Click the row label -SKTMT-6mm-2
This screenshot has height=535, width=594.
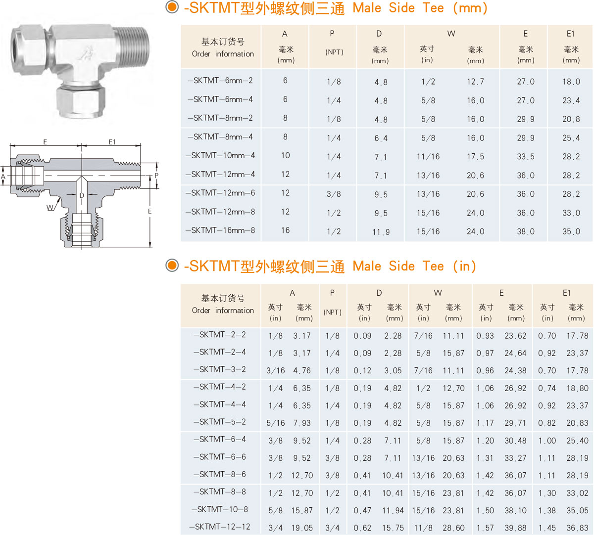click(x=220, y=81)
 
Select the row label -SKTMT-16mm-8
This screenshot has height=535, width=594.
click(x=220, y=230)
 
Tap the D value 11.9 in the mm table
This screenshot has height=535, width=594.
click(x=381, y=232)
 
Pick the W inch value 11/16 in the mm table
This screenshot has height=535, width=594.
click(x=428, y=157)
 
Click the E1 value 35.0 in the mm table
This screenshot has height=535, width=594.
click(x=571, y=231)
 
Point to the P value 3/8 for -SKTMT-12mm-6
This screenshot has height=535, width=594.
click(x=334, y=194)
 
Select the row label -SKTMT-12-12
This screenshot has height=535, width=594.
click(x=220, y=527)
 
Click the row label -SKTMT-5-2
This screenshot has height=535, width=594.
click(x=220, y=422)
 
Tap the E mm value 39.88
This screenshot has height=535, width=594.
click(x=515, y=528)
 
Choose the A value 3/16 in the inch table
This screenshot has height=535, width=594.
click(x=275, y=370)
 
